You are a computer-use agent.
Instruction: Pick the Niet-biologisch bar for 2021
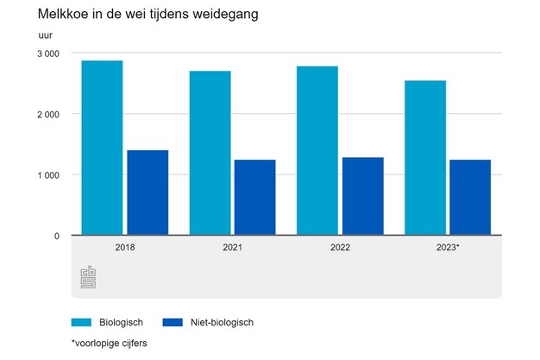(x=254, y=198)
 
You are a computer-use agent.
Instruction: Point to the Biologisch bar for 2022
(x=317, y=150)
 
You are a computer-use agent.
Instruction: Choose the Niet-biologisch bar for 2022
(x=362, y=196)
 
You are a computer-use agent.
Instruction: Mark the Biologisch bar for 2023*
(x=424, y=158)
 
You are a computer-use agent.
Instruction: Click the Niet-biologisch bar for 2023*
(x=470, y=198)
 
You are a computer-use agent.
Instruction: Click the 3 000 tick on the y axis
(x=47, y=54)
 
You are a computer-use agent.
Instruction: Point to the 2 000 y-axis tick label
(x=47, y=114)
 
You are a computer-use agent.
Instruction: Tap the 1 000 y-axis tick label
(x=47, y=174)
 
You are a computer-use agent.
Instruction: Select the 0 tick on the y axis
(x=55, y=236)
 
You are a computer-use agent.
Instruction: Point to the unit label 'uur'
(x=45, y=35)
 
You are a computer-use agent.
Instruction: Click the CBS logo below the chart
(x=88, y=277)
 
